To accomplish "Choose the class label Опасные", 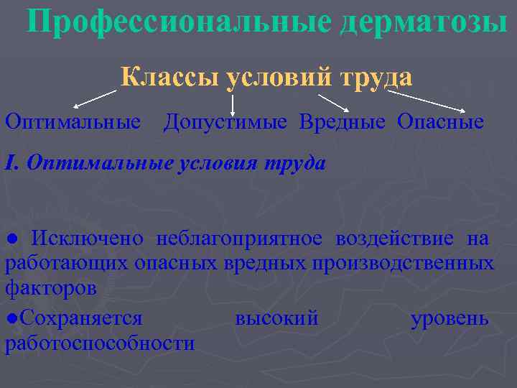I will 440,122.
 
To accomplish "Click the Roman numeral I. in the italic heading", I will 11,163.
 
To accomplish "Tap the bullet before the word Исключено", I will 9,239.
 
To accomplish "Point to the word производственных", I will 403,264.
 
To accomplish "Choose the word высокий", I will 276,318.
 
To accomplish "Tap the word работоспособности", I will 100,343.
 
